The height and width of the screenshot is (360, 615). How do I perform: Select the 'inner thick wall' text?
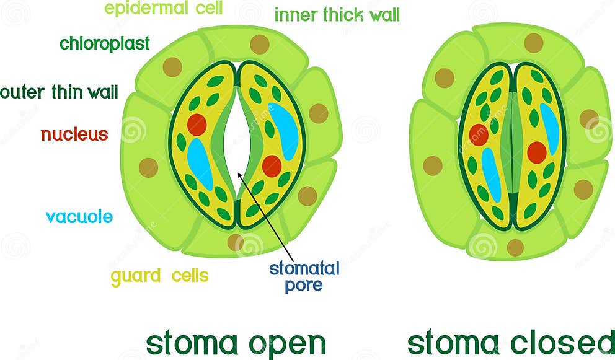(337, 15)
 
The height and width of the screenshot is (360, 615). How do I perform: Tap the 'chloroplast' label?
(104, 44)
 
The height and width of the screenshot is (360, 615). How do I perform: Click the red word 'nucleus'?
(74, 134)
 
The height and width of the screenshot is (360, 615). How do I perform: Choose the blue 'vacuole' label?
(79, 217)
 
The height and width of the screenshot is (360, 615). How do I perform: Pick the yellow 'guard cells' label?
(160, 276)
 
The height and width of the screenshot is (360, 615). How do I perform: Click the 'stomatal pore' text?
(304, 276)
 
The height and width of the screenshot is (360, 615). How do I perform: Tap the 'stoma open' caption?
(236, 343)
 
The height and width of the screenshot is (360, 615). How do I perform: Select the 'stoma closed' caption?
(510, 343)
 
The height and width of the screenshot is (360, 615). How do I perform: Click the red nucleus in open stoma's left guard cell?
(197, 125)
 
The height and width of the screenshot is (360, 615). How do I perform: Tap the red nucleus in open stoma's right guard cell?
(272, 166)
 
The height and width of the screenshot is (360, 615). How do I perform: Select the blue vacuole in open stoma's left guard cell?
(200, 164)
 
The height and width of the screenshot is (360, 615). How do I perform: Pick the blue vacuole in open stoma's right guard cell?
(283, 131)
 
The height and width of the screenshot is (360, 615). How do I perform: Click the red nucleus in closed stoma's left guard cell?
(479, 134)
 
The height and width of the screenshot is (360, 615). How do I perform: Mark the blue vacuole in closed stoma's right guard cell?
(549, 128)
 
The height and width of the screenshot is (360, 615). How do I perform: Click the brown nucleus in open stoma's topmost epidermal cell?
(259, 44)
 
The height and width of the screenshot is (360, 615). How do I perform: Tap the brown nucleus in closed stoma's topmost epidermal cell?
(533, 43)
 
